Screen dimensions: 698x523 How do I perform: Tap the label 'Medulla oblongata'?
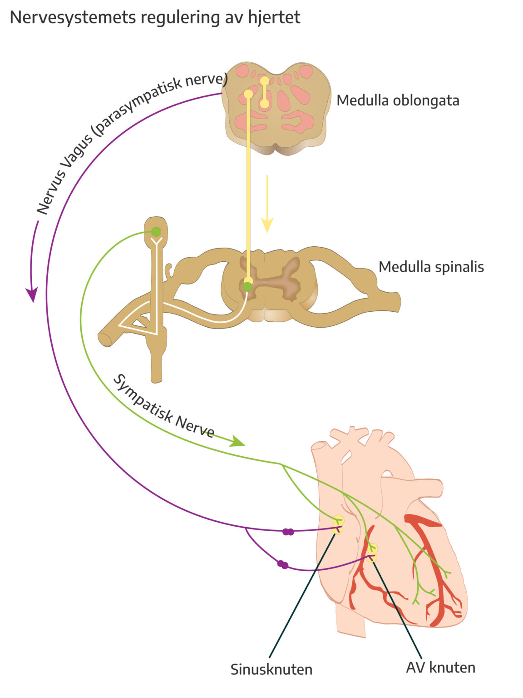398,100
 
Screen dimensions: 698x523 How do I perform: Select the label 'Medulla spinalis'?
431,267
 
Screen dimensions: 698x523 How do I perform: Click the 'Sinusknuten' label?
271,669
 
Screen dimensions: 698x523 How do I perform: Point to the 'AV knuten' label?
440,668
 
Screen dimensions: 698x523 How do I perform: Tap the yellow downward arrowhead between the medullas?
267,225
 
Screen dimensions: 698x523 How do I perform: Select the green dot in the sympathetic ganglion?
156,232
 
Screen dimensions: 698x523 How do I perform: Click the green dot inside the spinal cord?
247,287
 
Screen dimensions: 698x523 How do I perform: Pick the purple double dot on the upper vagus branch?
288,532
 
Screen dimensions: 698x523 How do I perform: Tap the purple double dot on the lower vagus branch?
283,565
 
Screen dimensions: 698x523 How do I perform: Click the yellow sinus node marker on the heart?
338,524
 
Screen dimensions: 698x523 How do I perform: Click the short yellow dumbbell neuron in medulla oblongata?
264,92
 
